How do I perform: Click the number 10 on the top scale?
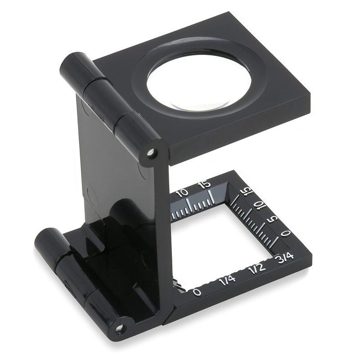click(x=182, y=193)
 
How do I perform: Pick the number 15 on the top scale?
click(x=205, y=184)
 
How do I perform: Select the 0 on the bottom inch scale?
click(x=197, y=292)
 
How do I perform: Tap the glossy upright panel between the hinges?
click(x=121, y=180)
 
